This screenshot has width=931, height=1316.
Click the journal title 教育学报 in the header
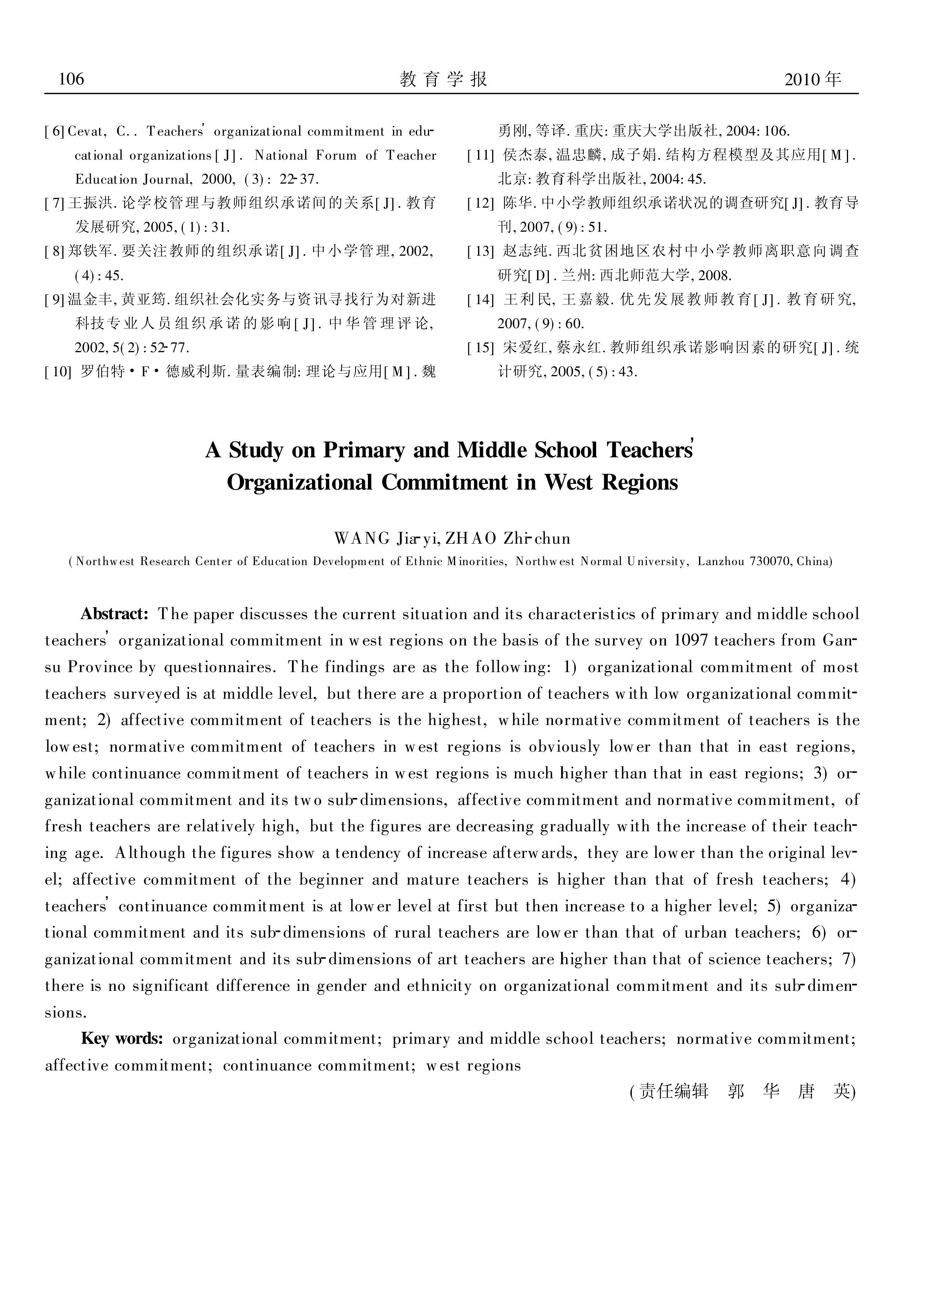click(444, 79)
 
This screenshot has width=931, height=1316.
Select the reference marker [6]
click(55, 132)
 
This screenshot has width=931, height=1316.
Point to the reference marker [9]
click(55, 299)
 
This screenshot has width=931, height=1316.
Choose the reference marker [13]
click(481, 251)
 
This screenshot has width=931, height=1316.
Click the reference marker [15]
click(481, 348)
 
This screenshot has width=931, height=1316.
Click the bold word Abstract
click(114, 614)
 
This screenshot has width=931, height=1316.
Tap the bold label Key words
click(122, 1039)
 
